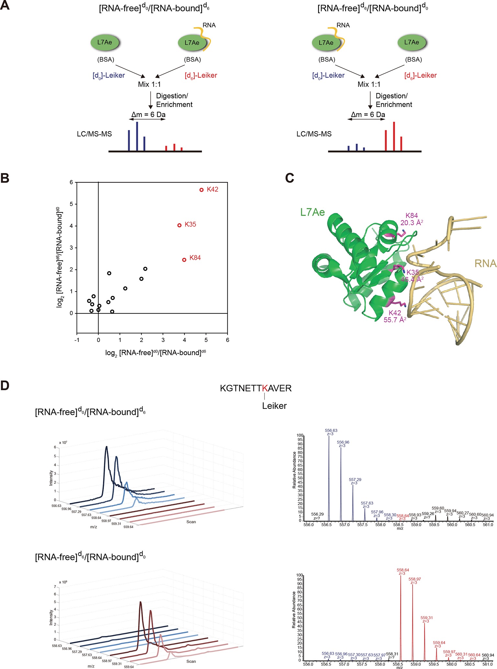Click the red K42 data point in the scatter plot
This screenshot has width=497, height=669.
[x=201, y=190]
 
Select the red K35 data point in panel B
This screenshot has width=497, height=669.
[x=179, y=225]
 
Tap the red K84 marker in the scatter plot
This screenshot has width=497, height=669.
[x=184, y=260]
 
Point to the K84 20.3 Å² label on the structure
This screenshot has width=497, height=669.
[x=412, y=219]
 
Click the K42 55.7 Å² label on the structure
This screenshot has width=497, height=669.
[x=395, y=316]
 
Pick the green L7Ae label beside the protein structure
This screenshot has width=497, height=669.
[x=312, y=212]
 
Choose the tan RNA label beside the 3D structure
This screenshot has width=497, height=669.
[x=485, y=264]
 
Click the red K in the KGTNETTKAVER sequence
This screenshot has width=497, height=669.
[x=265, y=388]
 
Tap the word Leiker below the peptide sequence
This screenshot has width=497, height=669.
[x=274, y=406]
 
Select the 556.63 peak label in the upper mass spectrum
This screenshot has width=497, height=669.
[x=331, y=431]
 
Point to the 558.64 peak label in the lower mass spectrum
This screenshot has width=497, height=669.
[x=403, y=570]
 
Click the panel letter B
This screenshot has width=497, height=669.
[x=5, y=178]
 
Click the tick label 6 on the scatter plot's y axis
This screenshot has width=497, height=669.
[x=71, y=182]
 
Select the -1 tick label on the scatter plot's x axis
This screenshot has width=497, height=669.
[x=77, y=340]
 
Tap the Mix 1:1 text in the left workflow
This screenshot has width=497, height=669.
[x=149, y=85]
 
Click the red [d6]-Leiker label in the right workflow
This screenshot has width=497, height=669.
[x=420, y=75]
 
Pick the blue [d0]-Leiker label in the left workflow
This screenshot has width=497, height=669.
[x=109, y=75]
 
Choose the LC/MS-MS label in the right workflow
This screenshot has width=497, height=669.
[x=314, y=134]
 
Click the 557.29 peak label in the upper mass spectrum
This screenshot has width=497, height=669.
[x=355, y=480]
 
